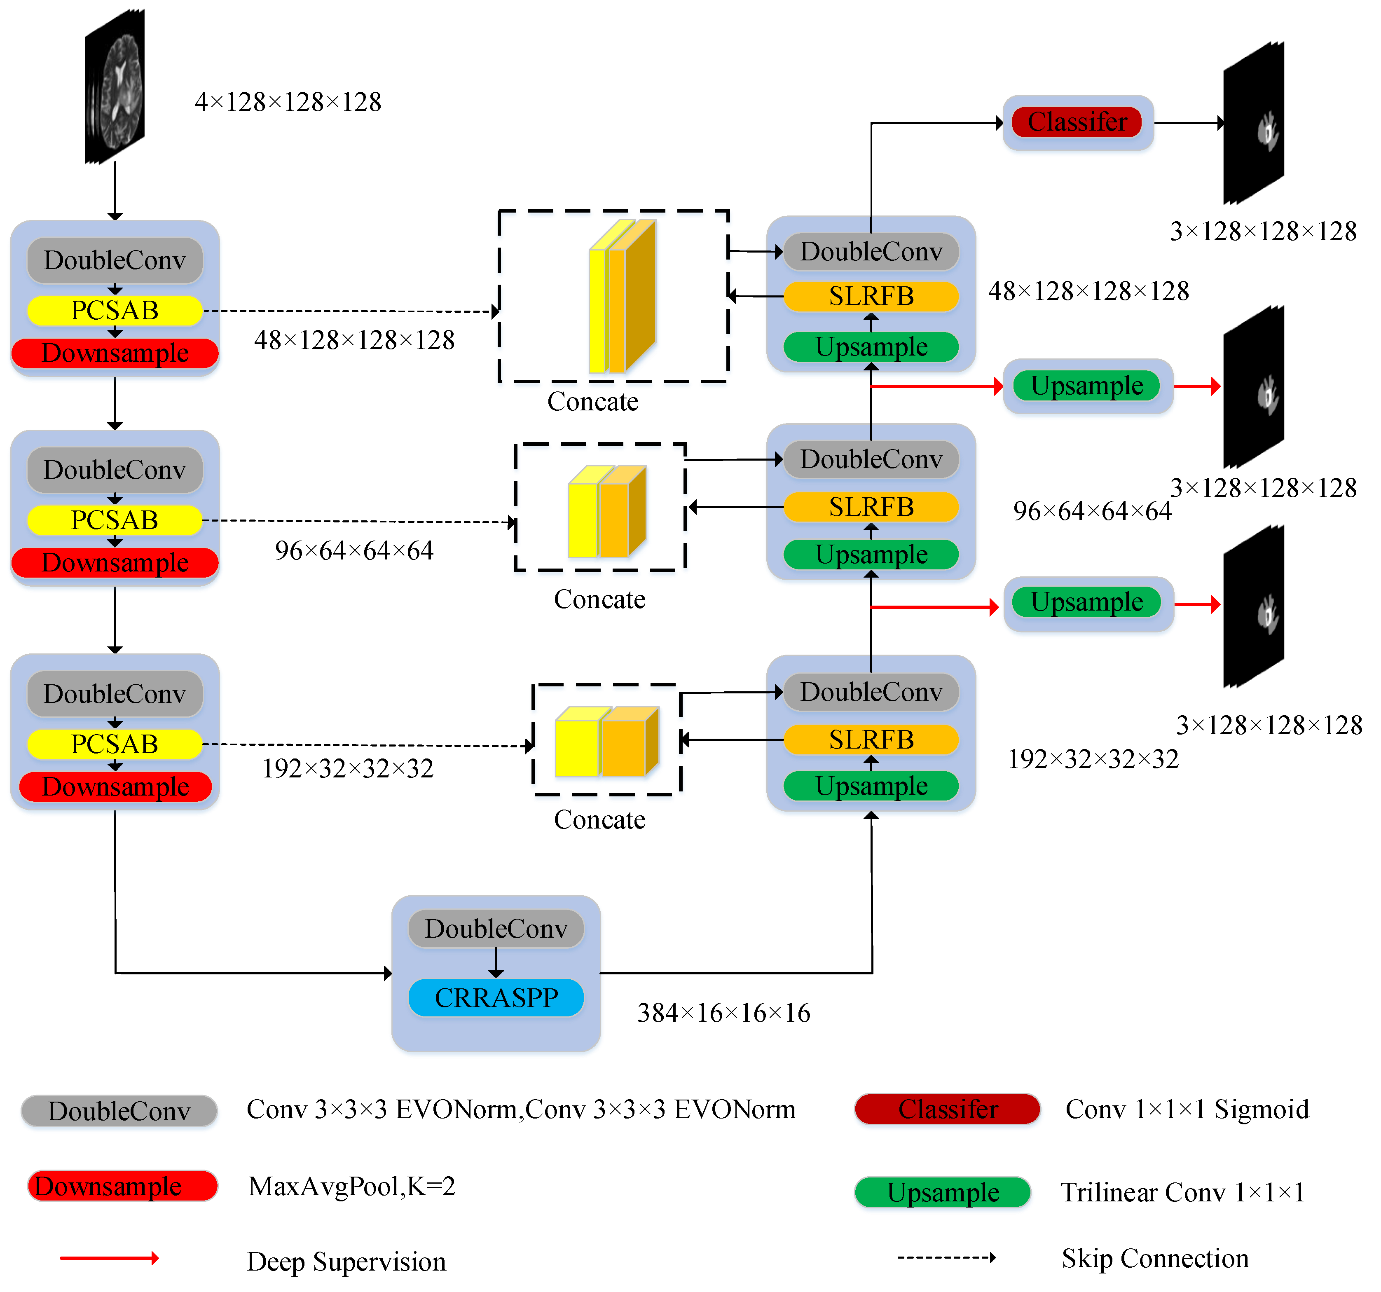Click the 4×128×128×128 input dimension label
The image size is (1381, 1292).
pos(288,102)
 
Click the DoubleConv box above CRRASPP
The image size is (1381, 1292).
pos(496,929)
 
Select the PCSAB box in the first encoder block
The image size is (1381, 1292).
pos(115,311)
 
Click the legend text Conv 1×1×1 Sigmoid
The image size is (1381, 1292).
pos(1187,1109)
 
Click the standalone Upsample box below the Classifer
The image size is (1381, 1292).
pos(1087,386)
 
